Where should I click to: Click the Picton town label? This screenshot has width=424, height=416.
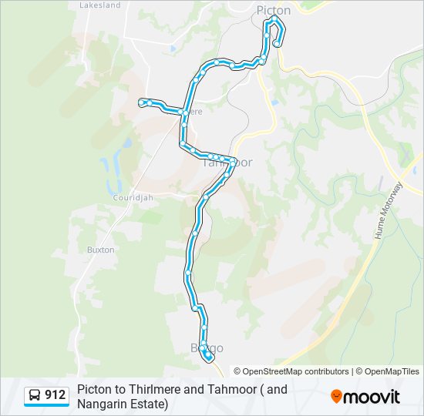[274, 10]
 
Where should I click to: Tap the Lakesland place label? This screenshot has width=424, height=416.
[100, 5]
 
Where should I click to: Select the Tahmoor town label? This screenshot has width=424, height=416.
[227, 163]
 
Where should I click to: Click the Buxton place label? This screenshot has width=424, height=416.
[100, 250]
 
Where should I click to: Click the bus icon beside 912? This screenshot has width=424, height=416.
[35, 395]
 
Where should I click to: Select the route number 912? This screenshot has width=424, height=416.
[56, 395]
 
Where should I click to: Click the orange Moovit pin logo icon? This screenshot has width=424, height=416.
[336, 396]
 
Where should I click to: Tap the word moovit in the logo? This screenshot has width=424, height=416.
[372, 397]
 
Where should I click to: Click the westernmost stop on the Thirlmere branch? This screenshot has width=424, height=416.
[141, 102]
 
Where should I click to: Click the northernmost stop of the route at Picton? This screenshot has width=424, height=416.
[274, 18]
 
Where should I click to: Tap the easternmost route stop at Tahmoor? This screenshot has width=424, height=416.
[232, 162]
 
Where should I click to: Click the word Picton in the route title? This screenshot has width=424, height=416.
[95, 389]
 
